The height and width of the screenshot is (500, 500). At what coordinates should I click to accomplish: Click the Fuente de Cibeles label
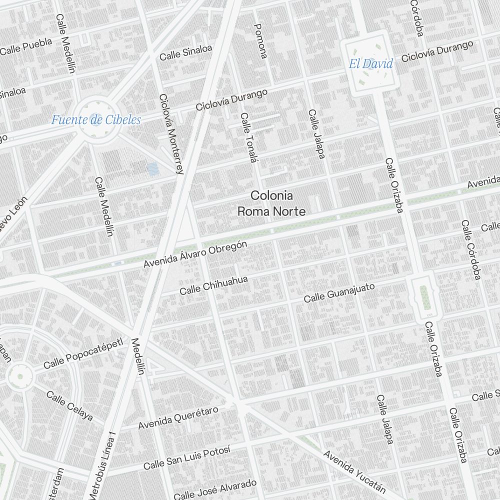coord(95,120)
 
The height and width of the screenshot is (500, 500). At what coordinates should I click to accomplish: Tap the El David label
coord(370,63)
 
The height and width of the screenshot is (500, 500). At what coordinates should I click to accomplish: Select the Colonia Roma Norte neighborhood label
coord(271,203)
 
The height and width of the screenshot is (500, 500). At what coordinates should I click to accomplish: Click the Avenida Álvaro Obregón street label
coord(195,254)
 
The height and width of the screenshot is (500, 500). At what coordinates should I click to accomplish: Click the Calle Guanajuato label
coord(339,292)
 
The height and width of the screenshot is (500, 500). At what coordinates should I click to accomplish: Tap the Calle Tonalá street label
coord(248,137)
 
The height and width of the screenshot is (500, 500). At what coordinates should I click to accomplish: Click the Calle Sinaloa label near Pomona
coord(185,52)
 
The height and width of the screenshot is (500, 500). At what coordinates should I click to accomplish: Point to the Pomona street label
coord(260,41)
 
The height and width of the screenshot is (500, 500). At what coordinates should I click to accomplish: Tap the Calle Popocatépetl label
coord(82,353)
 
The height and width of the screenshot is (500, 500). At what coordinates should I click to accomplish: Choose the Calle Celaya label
coord(69,405)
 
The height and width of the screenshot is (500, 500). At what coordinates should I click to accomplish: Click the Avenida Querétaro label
coord(178,418)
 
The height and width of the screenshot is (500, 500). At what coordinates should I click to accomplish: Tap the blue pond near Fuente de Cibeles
coord(152,169)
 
